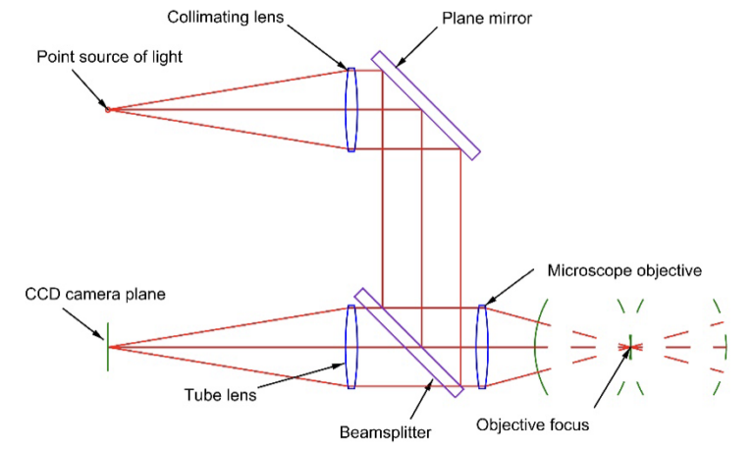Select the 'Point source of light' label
[109, 57]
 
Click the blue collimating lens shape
[351, 109]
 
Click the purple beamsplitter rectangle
[408, 342]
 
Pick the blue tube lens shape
[351, 347]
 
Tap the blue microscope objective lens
[481, 347]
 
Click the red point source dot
[109, 109]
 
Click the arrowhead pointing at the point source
[104, 101]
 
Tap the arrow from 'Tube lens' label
[295, 379]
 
